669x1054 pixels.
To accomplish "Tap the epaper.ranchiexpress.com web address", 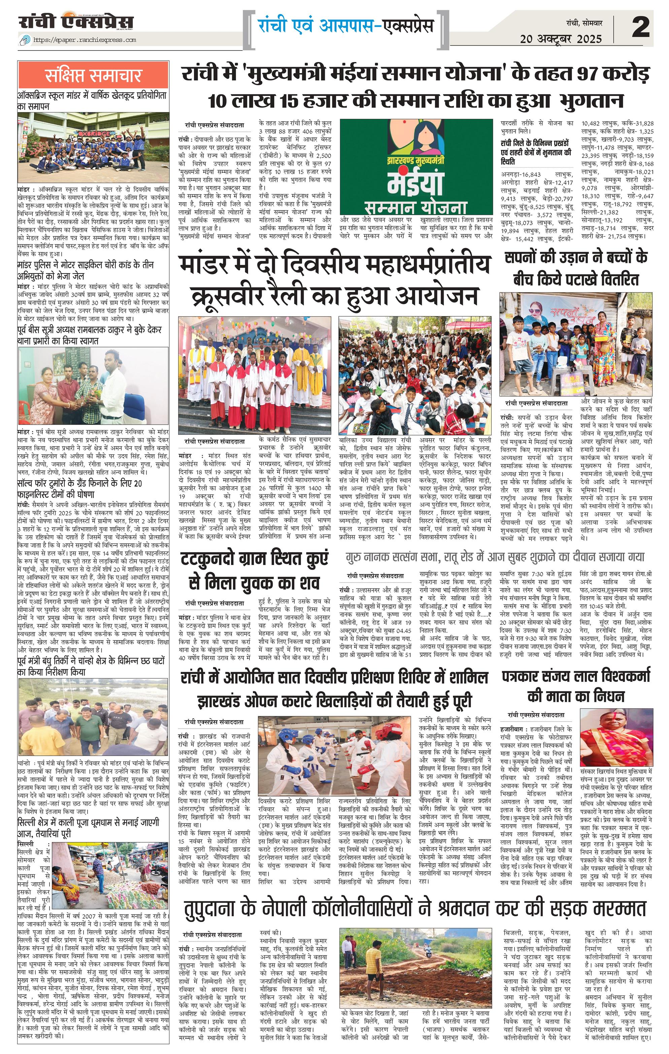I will pos(85,40).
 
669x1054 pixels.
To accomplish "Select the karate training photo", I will pos(334,756).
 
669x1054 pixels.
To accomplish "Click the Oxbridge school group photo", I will pos(93,147).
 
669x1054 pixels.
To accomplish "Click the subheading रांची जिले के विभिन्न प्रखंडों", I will pos(536,152).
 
